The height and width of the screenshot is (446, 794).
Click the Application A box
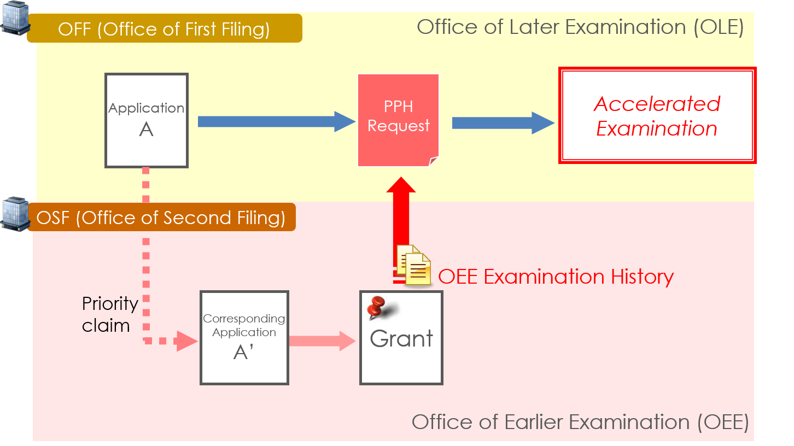(147, 120)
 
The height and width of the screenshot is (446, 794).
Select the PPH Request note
(398, 120)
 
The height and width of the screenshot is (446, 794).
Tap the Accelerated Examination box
(657, 115)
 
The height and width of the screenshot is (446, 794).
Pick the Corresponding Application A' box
(244, 337)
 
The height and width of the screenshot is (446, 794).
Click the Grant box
(401, 338)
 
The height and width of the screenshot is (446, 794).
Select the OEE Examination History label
(556, 277)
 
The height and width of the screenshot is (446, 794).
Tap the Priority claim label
(109, 314)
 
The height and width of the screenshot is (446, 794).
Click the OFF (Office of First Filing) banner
(164, 28)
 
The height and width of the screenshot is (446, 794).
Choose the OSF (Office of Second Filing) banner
(161, 218)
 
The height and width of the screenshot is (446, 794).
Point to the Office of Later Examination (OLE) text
(580, 27)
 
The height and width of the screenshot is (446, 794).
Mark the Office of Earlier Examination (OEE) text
(580, 422)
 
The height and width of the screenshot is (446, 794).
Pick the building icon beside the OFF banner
(14, 17)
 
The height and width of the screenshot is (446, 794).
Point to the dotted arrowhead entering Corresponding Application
(188, 342)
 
